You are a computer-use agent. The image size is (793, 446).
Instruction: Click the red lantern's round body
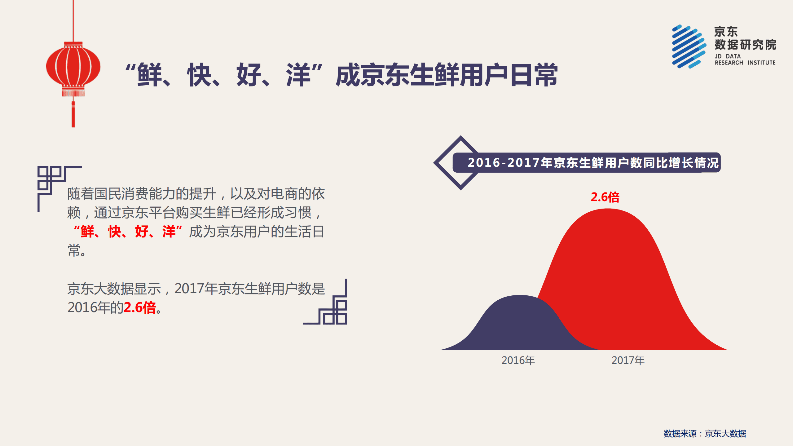click(x=73, y=66)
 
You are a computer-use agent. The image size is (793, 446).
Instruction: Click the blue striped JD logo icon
click(x=689, y=46)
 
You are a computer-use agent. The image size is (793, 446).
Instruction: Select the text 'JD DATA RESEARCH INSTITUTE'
click(x=745, y=60)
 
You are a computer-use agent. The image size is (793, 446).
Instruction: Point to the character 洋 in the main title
click(x=298, y=75)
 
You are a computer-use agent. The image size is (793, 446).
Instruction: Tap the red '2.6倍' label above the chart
click(x=605, y=197)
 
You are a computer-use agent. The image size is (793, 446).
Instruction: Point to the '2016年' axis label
click(x=518, y=360)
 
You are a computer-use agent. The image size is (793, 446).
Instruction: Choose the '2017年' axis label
click(x=628, y=360)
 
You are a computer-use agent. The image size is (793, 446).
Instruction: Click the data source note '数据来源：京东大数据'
click(x=704, y=434)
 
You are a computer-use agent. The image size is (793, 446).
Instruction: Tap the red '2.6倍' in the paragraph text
click(x=140, y=307)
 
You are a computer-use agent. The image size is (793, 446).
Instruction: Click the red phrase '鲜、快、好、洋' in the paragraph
click(x=128, y=232)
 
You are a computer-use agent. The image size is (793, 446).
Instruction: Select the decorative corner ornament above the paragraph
click(x=53, y=183)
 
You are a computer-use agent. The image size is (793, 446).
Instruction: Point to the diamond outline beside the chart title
click(x=443, y=163)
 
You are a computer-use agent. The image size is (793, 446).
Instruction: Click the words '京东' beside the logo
click(x=726, y=32)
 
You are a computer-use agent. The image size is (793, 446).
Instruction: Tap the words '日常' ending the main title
click(x=534, y=75)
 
